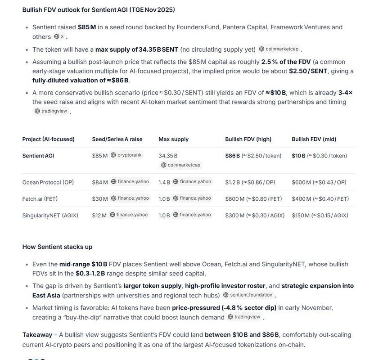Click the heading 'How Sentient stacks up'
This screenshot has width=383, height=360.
(x=57, y=247)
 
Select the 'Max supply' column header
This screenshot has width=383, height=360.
(x=173, y=139)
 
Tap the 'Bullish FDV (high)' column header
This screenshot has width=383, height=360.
(x=249, y=139)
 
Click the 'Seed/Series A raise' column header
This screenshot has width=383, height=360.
(x=117, y=139)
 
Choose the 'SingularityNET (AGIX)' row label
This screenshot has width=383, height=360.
(x=50, y=215)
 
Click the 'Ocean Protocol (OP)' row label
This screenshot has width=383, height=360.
(x=48, y=182)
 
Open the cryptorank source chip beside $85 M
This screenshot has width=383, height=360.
(x=126, y=155)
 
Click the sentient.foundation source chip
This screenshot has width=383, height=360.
(x=248, y=295)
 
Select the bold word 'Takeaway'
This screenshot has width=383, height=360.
(x=37, y=334)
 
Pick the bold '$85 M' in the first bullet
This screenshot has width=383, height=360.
(x=87, y=27)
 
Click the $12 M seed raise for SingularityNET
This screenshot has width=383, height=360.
(x=99, y=215)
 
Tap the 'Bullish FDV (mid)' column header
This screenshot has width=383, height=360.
(x=314, y=139)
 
